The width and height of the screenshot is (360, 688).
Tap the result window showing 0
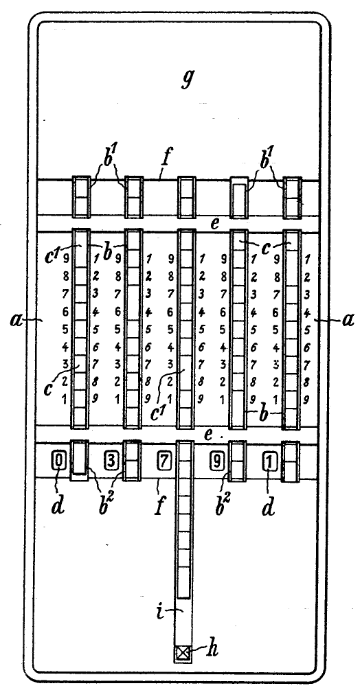click(x=60, y=461)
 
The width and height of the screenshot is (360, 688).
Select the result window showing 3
click(x=111, y=461)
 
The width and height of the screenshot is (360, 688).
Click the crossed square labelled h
click(x=182, y=654)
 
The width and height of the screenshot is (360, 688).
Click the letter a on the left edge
click(x=16, y=320)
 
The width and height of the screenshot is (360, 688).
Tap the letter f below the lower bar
click(x=159, y=506)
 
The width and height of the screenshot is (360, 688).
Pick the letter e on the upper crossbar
click(x=214, y=224)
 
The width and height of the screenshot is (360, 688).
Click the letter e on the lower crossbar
click(x=209, y=435)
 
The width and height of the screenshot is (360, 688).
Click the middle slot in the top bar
click(x=186, y=197)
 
